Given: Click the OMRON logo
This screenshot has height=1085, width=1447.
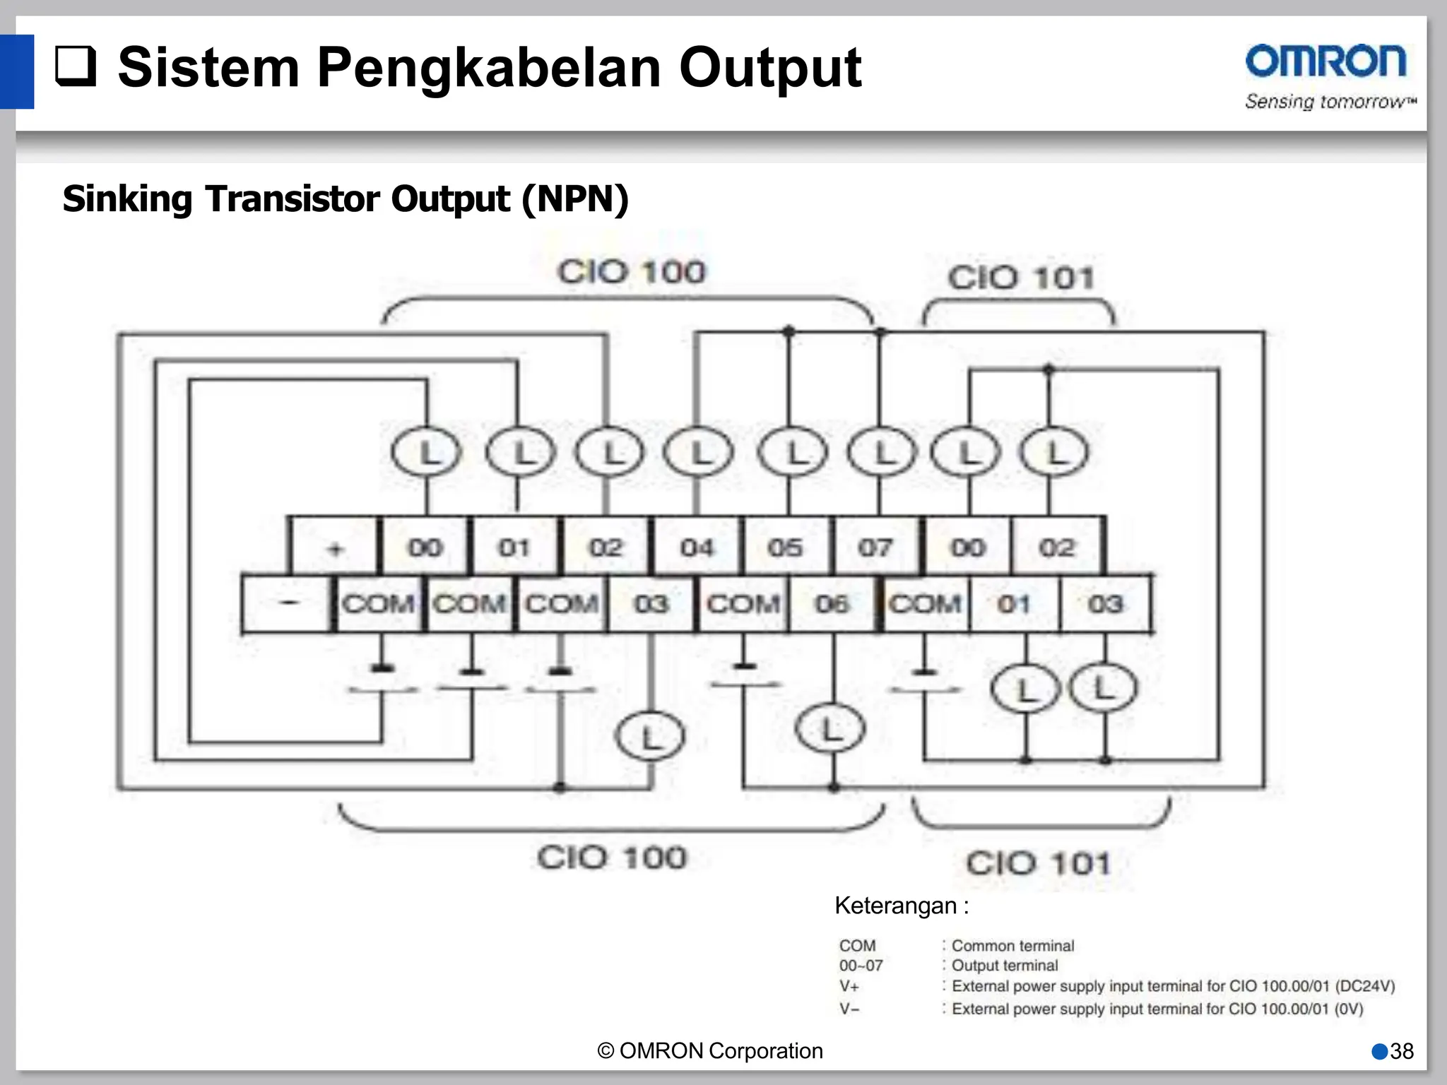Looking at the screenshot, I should [x=1326, y=63].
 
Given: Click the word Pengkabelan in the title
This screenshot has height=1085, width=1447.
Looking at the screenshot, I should [x=489, y=68].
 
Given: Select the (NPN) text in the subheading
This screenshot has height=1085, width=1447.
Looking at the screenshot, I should [x=574, y=198].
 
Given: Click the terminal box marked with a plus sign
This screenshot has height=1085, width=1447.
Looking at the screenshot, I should [x=335, y=547].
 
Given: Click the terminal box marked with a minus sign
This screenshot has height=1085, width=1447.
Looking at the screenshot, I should [x=287, y=603].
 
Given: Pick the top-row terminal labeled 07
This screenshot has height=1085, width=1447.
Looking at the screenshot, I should [x=875, y=547].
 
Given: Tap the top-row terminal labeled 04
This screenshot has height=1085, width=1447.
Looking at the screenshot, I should [x=697, y=547].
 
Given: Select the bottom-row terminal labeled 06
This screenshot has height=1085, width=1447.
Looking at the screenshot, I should [x=832, y=604].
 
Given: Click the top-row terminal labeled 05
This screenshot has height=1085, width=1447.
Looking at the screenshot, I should [x=786, y=547].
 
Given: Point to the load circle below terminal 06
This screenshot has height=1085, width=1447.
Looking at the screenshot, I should [x=830, y=729].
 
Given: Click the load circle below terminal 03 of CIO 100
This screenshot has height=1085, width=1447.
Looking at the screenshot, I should [x=650, y=737].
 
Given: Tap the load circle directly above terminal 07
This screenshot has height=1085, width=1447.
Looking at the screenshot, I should [x=882, y=452].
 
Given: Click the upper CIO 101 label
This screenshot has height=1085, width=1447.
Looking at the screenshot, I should [x=1020, y=278].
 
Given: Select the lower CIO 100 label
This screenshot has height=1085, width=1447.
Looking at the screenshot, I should [x=612, y=858].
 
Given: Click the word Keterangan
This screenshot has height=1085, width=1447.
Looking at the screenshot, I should [x=895, y=906].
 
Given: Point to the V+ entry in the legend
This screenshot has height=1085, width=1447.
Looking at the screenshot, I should [x=849, y=986].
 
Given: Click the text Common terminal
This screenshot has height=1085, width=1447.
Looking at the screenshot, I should [x=1012, y=946].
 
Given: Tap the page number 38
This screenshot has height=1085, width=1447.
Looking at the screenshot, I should [x=1401, y=1051].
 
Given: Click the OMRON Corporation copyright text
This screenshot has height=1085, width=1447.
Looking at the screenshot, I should [x=710, y=1051].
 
